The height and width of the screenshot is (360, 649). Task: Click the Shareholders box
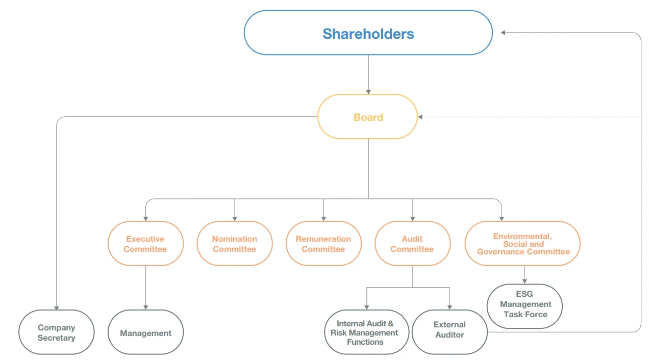click(368, 33)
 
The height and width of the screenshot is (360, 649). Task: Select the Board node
click(367, 117)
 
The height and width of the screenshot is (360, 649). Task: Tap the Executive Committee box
click(145, 244)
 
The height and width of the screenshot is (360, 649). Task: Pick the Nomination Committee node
click(235, 244)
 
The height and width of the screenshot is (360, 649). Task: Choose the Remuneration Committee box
click(323, 244)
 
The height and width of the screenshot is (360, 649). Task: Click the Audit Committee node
click(412, 244)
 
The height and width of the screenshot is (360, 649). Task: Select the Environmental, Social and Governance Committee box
click(522, 244)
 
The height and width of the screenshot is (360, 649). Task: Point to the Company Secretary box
click(57, 332)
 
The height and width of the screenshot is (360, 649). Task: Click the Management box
click(145, 333)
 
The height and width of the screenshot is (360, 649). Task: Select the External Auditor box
click(450, 330)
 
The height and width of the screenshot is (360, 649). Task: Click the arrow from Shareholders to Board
click(368, 74)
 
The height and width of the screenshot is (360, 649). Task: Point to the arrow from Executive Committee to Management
click(145, 288)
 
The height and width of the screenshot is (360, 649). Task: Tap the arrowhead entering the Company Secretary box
click(57, 307)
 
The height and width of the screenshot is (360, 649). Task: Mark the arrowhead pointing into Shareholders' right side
click(503, 33)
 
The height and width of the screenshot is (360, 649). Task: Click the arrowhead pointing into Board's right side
click(420, 117)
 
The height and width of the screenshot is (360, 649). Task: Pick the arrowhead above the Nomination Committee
click(235, 218)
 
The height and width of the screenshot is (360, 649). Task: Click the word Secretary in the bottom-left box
click(57, 338)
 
